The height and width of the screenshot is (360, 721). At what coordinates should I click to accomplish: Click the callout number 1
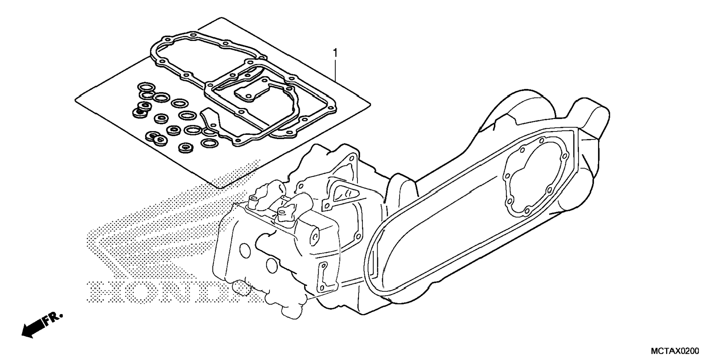pyautogui.click(x=335, y=53)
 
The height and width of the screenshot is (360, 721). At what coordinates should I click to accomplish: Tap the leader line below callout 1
pyautogui.click(x=336, y=70)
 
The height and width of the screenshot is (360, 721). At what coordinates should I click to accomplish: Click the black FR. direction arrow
pyautogui.click(x=33, y=328)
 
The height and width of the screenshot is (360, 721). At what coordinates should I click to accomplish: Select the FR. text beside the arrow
pyautogui.click(x=52, y=319)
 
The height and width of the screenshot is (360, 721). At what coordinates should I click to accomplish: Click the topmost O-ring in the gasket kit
pyautogui.click(x=147, y=87)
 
